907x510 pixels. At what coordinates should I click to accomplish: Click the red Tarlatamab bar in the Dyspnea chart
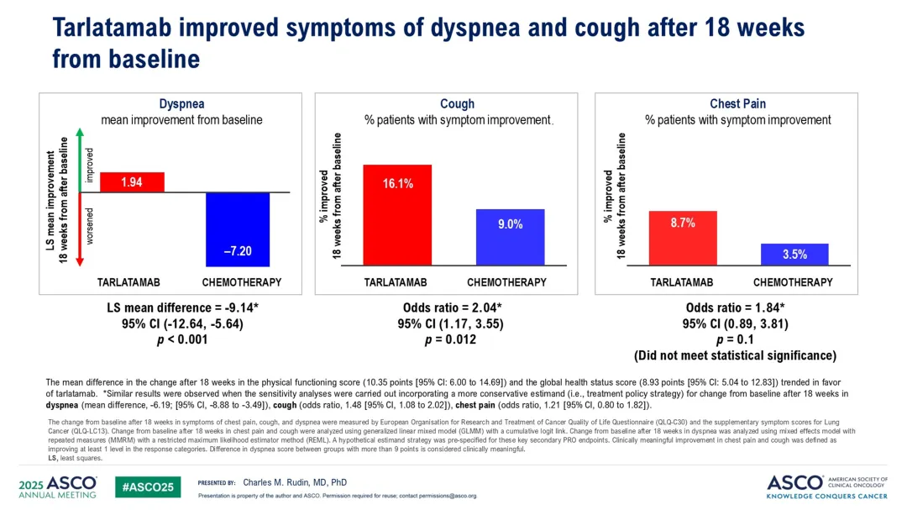[132, 182]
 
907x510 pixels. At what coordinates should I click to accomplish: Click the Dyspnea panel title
[181, 104]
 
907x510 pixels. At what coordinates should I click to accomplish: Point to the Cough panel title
[457, 104]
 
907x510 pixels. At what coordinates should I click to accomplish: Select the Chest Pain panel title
[737, 104]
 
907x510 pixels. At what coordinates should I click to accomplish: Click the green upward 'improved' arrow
[79, 159]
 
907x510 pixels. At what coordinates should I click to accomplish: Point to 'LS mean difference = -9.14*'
[181, 308]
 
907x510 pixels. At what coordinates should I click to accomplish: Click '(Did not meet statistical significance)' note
[735, 355]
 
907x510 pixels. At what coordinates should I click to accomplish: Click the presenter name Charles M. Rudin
[294, 482]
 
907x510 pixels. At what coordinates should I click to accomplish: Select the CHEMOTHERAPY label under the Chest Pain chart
[793, 282]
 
